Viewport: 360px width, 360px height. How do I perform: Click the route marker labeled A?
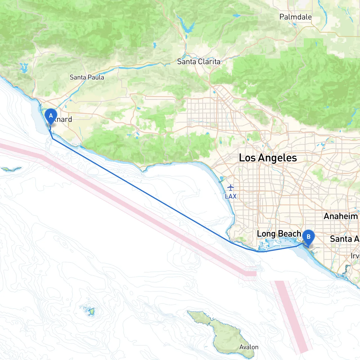click(51, 116)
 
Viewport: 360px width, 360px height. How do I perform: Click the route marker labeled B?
click(308, 237)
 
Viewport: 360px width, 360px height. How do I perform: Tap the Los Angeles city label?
click(268, 158)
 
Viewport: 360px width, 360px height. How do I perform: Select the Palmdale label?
click(295, 17)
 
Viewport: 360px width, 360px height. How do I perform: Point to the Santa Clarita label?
click(199, 62)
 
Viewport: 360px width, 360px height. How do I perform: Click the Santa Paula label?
click(87, 77)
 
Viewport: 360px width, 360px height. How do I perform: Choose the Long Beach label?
click(279, 234)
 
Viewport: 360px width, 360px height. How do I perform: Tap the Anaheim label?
click(341, 216)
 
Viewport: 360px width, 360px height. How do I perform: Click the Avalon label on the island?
click(249, 347)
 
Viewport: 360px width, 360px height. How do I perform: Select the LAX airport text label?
click(231, 196)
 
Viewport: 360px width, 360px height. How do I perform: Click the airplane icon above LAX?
click(231, 187)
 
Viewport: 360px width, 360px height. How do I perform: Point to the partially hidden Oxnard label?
click(64, 119)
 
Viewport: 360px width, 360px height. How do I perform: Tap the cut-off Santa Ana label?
click(345, 239)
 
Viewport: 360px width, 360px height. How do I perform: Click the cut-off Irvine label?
click(355, 256)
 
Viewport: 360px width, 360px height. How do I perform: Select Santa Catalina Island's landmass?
click(222, 332)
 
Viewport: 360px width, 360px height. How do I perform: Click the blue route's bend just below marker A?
click(53, 139)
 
